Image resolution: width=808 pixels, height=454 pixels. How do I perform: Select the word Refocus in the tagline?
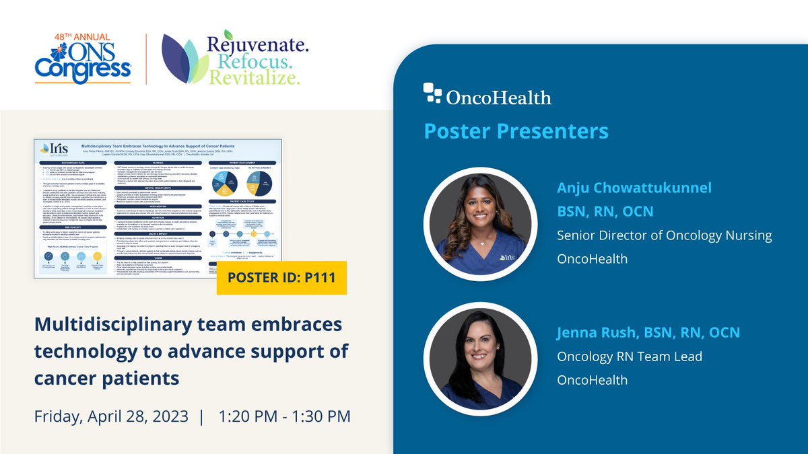tap(252, 63)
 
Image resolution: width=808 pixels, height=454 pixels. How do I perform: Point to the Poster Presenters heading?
tap(516, 130)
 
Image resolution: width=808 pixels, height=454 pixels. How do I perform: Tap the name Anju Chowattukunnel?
tap(634, 188)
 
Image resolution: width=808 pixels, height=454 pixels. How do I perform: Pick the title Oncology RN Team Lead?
tap(629, 356)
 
